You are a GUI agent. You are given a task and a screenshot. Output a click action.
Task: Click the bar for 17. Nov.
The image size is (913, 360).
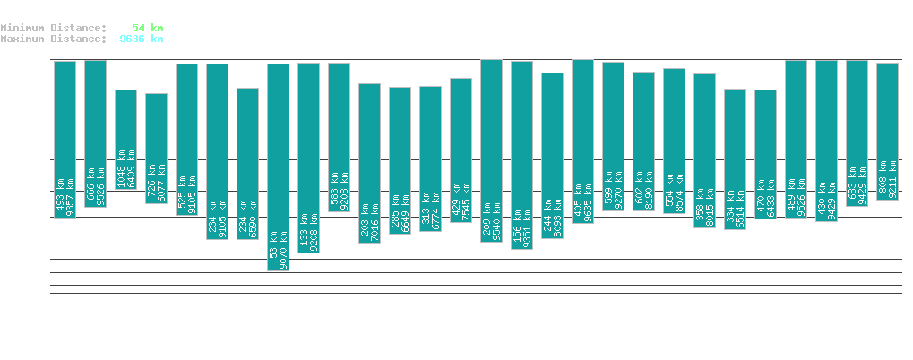(x=278, y=167)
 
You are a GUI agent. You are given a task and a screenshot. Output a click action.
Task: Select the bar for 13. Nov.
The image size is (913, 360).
(x=156, y=148)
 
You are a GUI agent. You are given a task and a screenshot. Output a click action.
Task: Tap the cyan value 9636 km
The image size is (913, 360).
(x=141, y=39)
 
